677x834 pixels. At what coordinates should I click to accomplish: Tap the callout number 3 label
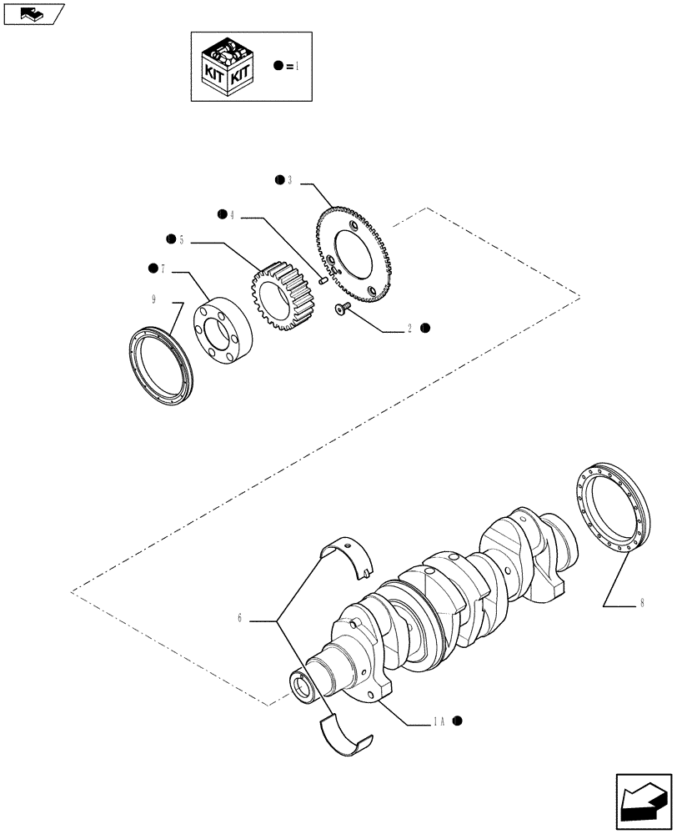pyautogui.click(x=289, y=180)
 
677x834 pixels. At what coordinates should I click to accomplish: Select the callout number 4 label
pyautogui.click(x=232, y=215)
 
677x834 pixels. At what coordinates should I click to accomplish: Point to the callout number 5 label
pyautogui.click(x=181, y=239)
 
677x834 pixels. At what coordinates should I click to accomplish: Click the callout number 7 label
pyautogui.click(x=163, y=268)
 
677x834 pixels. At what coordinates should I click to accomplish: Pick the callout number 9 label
pyautogui.click(x=153, y=298)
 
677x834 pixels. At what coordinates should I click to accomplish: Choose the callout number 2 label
pyautogui.click(x=410, y=329)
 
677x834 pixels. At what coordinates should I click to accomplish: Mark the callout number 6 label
pyautogui.click(x=239, y=619)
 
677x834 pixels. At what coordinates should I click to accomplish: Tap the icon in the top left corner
pyautogui.click(x=33, y=14)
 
